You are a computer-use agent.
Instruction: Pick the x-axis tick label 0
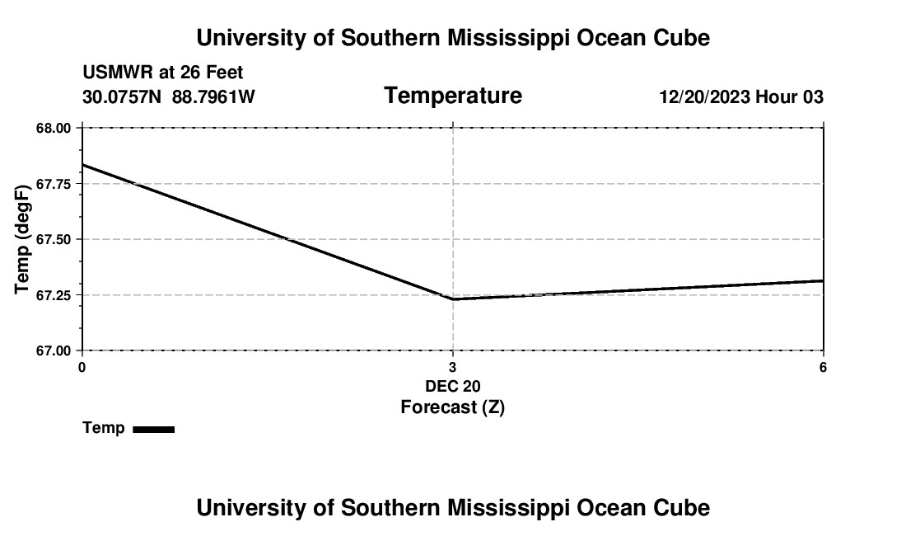(x=82, y=367)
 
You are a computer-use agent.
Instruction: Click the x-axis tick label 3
(x=452, y=367)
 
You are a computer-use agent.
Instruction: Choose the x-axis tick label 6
(x=823, y=367)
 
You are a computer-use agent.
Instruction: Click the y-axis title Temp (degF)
(x=23, y=239)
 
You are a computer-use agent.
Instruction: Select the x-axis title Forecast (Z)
(x=452, y=407)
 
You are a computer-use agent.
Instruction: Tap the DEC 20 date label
(x=452, y=386)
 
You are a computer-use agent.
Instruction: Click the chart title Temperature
(x=453, y=96)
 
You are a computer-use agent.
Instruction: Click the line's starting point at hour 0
(x=82, y=165)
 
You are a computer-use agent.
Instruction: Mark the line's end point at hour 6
(x=823, y=281)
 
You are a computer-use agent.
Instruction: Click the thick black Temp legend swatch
(x=153, y=429)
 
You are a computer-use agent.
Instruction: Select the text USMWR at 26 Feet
(x=163, y=73)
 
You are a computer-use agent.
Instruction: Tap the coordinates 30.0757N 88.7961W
(x=169, y=97)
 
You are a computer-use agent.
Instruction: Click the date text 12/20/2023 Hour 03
(x=741, y=97)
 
